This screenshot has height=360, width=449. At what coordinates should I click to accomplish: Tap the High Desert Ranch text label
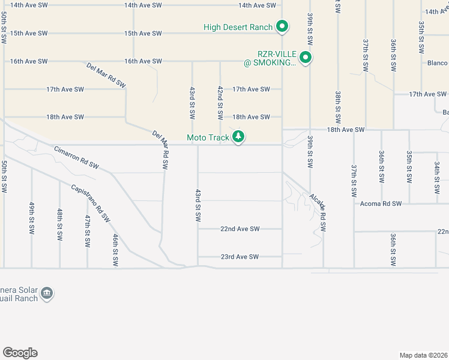point(238,26)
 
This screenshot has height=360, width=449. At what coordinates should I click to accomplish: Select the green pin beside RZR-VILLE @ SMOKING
point(306,58)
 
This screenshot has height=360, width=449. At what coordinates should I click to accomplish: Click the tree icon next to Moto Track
point(239,137)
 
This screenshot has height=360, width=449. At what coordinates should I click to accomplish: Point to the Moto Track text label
point(208,138)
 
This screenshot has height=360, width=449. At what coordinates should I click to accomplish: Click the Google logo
point(20,353)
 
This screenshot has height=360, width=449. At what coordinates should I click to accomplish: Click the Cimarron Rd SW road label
point(76,157)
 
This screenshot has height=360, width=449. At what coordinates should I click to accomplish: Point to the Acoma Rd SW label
point(381,204)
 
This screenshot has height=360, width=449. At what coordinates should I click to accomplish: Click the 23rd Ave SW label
point(240,257)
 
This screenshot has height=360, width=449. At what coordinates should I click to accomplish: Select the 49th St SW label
point(32,217)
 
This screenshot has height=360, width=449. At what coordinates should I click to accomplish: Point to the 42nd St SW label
point(220,102)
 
